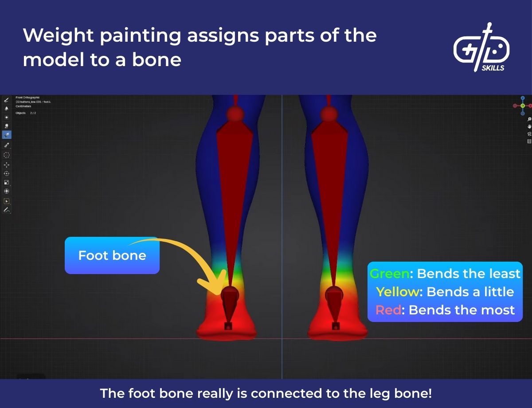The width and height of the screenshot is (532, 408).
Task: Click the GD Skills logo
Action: [481, 47]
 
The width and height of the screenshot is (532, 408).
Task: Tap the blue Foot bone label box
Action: [112, 255]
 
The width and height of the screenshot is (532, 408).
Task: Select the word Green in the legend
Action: [390, 274]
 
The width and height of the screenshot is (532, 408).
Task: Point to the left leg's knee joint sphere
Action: [235, 114]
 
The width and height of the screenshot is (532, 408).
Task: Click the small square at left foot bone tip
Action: [228, 326]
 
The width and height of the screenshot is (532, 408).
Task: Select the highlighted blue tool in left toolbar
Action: [7, 135]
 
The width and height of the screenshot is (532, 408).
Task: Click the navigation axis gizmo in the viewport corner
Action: [523, 105]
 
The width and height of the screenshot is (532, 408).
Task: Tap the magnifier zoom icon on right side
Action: [529, 119]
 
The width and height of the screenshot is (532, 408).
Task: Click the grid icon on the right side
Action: [529, 141]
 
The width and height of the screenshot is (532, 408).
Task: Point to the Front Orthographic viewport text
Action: [27, 97]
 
